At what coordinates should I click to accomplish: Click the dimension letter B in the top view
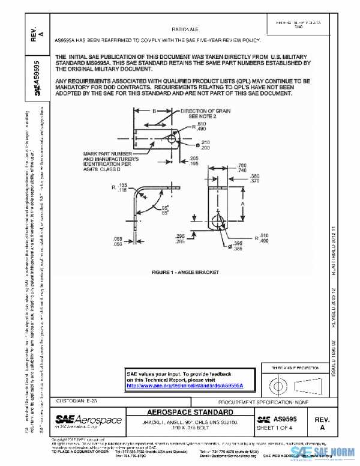[x=154, y=112]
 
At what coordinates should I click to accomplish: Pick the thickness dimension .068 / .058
[x=119, y=241]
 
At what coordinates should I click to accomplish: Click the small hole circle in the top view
[x=173, y=139]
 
